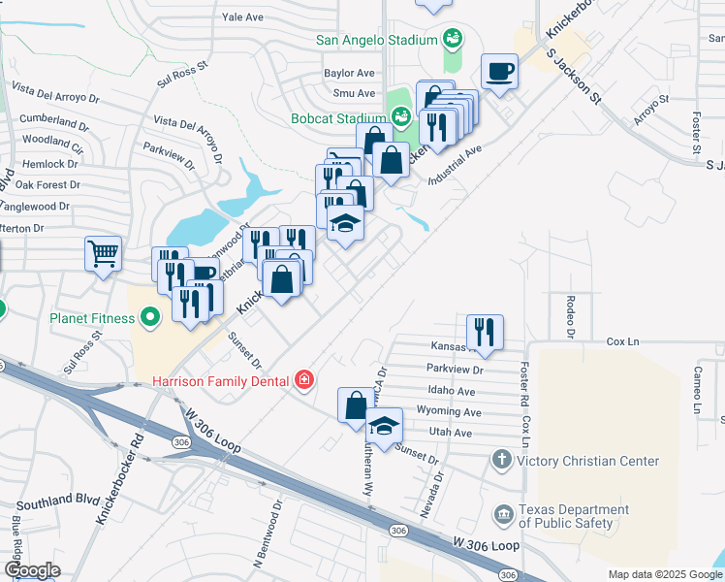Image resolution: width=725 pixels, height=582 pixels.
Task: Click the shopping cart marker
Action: click(103, 255)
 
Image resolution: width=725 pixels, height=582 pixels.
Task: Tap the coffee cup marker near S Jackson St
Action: click(499, 72)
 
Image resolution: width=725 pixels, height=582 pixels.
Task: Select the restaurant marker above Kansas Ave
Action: click(486, 332)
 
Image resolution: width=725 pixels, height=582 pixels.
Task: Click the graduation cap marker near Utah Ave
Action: click(384, 426)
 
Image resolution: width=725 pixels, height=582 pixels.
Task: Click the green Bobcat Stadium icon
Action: click(403, 117)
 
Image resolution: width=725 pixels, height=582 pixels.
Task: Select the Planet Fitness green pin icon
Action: click(150, 316)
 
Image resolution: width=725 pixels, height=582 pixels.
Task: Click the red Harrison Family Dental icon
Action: click(304, 379)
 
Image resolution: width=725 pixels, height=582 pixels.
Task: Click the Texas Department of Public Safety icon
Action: click(502, 513)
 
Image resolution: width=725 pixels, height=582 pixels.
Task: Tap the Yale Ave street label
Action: click(242, 17)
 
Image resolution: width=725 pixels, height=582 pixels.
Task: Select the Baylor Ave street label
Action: click(349, 73)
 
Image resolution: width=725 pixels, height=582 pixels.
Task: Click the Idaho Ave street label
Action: click(452, 391)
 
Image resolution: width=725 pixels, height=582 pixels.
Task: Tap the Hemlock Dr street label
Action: click(42, 164)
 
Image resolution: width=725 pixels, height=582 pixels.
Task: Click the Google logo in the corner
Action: click(31, 570)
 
